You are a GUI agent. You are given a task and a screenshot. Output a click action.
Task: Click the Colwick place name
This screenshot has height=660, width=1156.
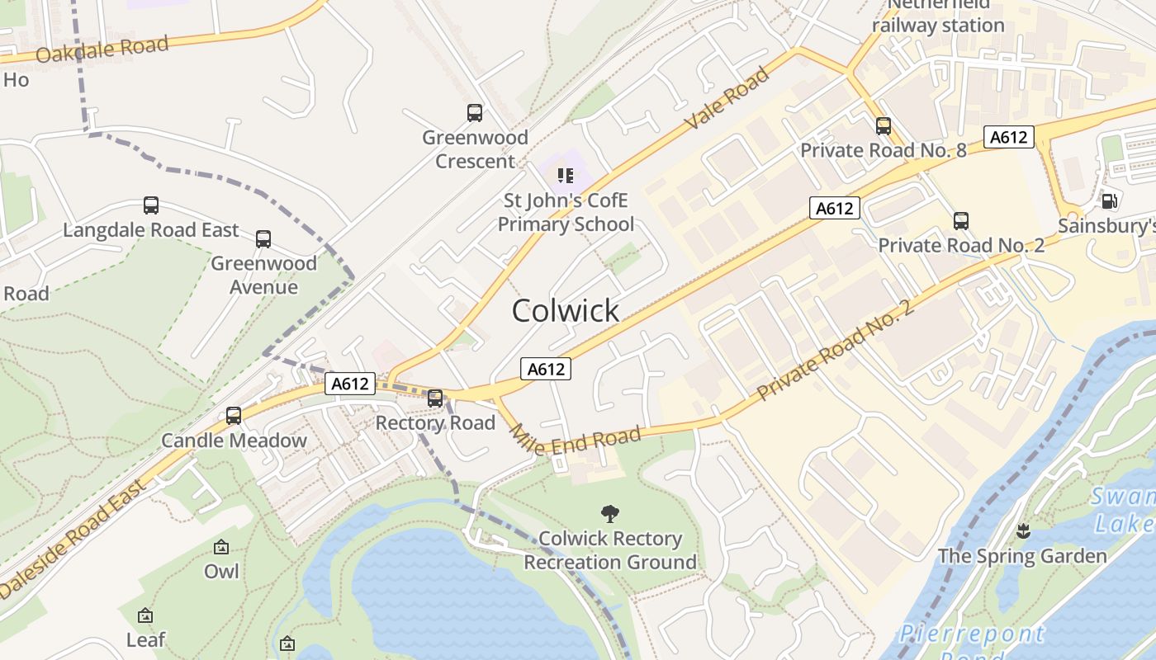566,311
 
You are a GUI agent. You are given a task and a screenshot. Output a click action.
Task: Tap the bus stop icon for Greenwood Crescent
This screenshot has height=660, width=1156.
475,113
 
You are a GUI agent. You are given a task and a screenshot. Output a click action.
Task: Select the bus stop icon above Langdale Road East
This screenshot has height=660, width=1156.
151,205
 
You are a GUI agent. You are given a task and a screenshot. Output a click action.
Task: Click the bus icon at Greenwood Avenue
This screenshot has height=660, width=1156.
263,239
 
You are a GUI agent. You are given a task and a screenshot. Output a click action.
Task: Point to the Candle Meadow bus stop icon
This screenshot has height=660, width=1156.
234,416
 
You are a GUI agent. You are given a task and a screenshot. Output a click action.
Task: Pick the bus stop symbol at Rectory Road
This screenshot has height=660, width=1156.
435,398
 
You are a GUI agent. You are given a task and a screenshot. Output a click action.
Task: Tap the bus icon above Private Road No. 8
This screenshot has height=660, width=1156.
884,126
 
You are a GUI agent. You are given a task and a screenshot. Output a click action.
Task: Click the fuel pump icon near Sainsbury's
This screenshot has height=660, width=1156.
1110,200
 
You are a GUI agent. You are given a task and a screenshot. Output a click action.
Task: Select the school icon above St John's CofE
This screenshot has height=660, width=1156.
566,175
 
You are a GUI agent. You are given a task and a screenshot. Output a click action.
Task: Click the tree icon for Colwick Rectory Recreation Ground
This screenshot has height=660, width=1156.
610,514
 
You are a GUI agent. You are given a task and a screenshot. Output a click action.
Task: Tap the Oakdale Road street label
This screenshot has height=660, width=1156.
102,49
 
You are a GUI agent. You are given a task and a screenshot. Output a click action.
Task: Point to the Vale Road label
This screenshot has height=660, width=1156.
727,98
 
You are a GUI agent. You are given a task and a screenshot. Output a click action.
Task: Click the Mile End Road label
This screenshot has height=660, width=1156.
575,441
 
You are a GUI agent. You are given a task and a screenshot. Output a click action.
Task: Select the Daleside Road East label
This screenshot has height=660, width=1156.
73,537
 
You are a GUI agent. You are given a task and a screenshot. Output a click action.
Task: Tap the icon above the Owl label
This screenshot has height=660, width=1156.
221,547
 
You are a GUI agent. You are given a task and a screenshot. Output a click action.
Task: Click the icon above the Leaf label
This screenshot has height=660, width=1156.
145,615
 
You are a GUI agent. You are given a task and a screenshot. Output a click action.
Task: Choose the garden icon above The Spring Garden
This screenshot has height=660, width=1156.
1024,531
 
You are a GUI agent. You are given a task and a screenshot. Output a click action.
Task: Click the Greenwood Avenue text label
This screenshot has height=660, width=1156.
263,275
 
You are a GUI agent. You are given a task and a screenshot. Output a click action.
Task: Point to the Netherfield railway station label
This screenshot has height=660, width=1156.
939,16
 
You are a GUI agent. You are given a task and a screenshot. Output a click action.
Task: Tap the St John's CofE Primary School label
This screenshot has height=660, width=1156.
566,212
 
